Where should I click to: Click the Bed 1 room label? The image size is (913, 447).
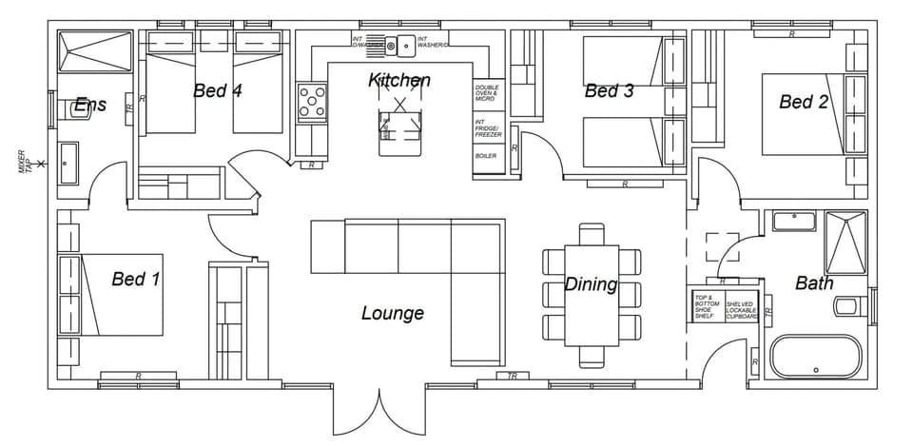pos(135,279)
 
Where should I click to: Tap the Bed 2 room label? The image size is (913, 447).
pos(803,102)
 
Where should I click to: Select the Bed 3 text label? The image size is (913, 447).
pos(609,91)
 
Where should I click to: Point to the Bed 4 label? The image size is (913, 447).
pos(217,91)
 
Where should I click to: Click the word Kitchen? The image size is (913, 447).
pos(399,81)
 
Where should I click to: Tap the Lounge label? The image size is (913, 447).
pos(392,313)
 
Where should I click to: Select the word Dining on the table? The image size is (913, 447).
pos(591,284)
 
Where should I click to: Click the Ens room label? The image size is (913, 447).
pos(90,105)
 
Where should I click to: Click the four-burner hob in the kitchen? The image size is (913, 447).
pos(312,103)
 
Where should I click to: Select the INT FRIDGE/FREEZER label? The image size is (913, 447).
pos(488,128)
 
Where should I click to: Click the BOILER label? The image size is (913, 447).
pos(486,156)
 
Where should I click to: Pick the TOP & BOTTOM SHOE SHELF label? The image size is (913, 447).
pos(705,305)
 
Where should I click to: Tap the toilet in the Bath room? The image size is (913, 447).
pos(849,306)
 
